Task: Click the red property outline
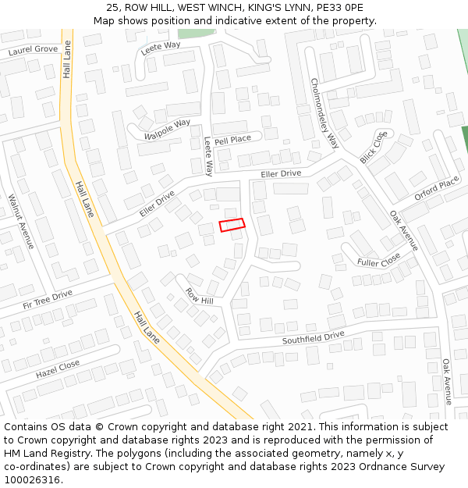[232, 225]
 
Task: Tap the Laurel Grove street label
[34, 50]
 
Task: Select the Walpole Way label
[167, 129]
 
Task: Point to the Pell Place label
[232, 140]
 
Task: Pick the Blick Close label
[374, 147]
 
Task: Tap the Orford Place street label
[437, 189]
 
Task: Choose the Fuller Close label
[379, 258]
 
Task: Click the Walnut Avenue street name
[21, 222]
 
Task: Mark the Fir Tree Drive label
[48, 298]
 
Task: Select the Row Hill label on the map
[199, 296]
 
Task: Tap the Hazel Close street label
[58, 369]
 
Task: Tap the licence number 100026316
[34, 479]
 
